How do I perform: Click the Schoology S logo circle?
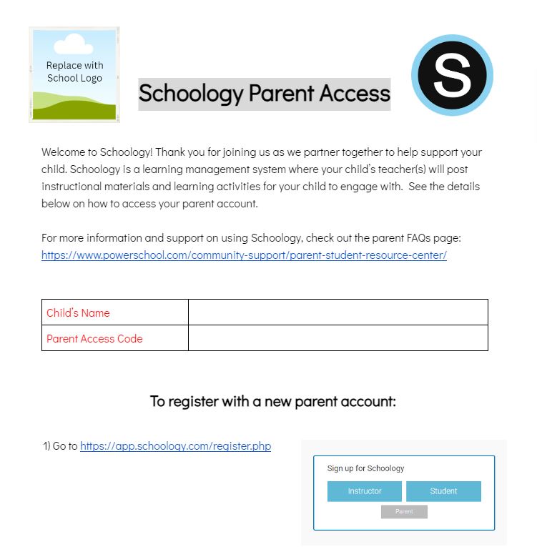point(452,75)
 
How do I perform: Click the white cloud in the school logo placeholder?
point(74,44)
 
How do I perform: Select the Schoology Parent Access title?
point(264,93)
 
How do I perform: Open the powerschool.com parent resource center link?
point(244,255)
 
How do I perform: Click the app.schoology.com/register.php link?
point(175,445)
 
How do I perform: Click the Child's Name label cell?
point(114,312)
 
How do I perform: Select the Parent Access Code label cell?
point(114,338)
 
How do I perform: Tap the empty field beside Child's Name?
point(338,312)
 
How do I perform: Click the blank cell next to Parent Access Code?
point(338,338)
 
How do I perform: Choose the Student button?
point(443,491)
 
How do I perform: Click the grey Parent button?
point(404,512)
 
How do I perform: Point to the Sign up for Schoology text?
point(365,468)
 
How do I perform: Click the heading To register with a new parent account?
point(272,401)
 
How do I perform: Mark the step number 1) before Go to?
point(46,445)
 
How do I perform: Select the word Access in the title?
point(354,93)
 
